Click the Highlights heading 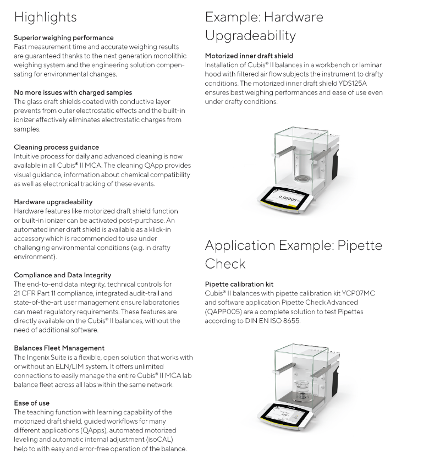point(45,18)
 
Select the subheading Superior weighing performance point(64,38)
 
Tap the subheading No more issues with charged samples point(73,92)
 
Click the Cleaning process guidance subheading point(56,147)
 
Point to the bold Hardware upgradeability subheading point(53,202)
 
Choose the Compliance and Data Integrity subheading point(63,275)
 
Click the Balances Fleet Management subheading point(59,348)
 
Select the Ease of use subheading point(32,403)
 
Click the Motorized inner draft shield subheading point(249,56)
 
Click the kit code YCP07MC point(358,293)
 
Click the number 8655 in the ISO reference point(291,321)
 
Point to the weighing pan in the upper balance point(302,178)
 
